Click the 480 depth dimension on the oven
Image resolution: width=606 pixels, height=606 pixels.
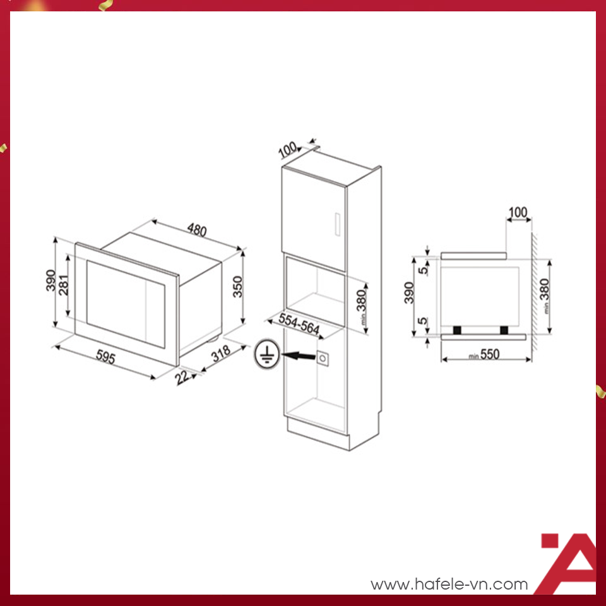[196, 230]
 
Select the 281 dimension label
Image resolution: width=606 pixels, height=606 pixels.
[64, 289]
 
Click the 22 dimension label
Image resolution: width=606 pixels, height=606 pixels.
[183, 377]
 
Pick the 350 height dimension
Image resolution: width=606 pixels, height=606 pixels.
[237, 288]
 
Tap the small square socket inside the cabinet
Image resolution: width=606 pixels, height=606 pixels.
[323, 358]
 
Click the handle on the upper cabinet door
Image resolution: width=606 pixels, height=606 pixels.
[336, 225]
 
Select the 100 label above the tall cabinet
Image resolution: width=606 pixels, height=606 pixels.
[287, 150]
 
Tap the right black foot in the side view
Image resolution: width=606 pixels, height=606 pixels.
[504, 330]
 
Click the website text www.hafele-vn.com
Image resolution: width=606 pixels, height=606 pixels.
[449, 585]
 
